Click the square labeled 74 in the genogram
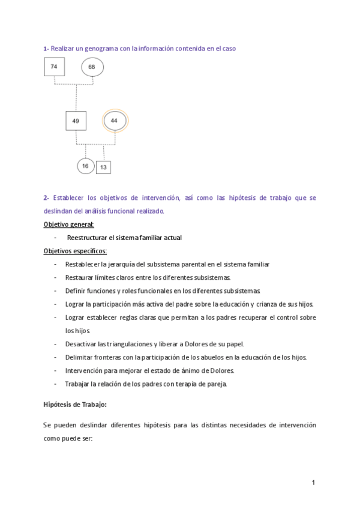(x=54, y=67)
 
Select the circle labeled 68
(x=92, y=67)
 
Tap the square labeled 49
(x=76, y=121)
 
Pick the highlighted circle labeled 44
(x=115, y=121)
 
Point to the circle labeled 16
(x=86, y=166)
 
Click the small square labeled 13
(x=103, y=167)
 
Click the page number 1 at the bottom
(x=313, y=483)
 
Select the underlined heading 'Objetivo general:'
(x=69, y=224)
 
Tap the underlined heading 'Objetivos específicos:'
(x=75, y=251)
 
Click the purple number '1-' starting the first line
(x=46, y=48)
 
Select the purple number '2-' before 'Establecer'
(x=46, y=197)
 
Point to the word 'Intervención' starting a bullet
(x=83, y=370)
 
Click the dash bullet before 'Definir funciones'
(x=55, y=291)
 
